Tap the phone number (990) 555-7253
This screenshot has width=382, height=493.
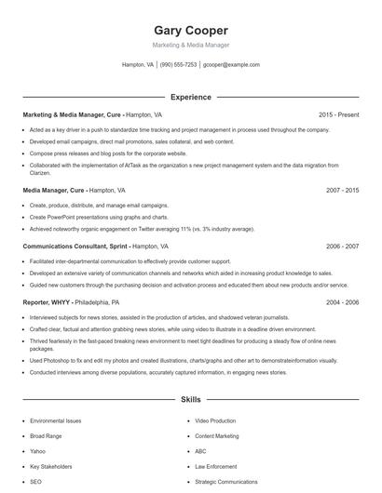pyautogui.click(x=178, y=65)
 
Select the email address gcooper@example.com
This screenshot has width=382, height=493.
pyautogui.click(x=231, y=65)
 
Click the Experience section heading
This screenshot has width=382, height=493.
pyautogui.click(x=191, y=97)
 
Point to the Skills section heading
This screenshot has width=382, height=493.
pyautogui.click(x=191, y=400)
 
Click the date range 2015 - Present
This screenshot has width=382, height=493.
pyautogui.click(x=338, y=114)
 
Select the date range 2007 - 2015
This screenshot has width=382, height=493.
pyautogui.click(x=342, y=190)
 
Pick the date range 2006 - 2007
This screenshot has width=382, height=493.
pyautogui.click(x=342, y=246)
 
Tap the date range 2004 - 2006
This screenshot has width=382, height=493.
pyautogui.click(x=342, y=302)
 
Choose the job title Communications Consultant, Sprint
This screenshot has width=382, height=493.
pyautogui.click(x=75, y=246)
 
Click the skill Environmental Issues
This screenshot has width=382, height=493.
pyautogui.click(x=55, y=420)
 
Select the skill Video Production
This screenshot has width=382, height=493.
pyautogui.click(x=215, y=420)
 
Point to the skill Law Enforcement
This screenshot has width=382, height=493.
pyautogui.click(x=215, y=466)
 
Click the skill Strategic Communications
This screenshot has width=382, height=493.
pyautogui.click(x=225, y=482)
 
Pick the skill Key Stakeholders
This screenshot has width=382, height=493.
pyautogui.click(x=49, y=466)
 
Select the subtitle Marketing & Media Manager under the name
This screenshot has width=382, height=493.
pyautogui.click(x=191, y=45)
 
